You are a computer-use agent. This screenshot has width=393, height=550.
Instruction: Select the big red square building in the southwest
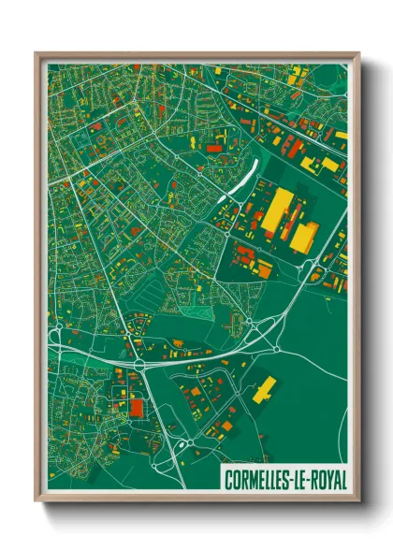click(138, 408)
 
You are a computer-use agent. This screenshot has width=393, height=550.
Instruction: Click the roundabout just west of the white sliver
click(199, 171)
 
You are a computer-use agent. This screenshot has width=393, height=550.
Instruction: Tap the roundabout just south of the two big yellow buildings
click(308, 267)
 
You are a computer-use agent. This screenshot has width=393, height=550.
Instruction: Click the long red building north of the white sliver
click(214, 148)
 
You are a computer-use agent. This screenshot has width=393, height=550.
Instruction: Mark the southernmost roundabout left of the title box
click(190, 442)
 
